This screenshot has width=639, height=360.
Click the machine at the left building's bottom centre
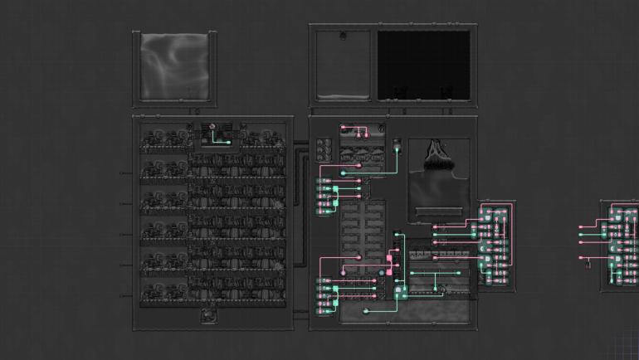tap(208, 316)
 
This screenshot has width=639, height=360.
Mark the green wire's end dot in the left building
tap(229, 142)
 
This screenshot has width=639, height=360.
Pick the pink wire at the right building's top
tap(357, 128)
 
